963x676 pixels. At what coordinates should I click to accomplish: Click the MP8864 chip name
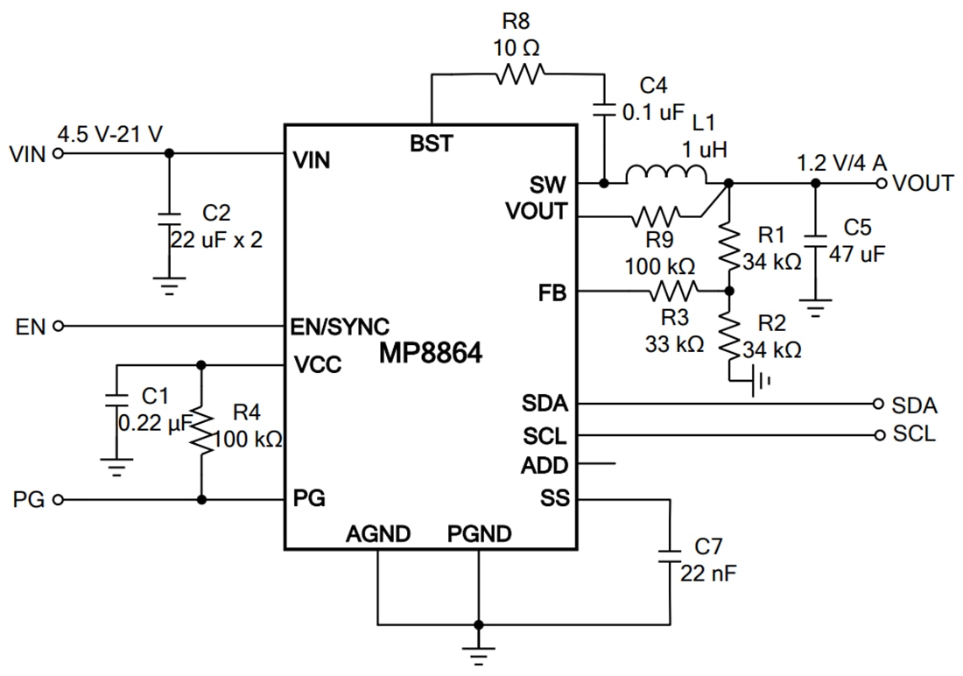click(x=431, y=354)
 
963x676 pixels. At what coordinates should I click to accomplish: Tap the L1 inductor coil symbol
click(x=666, y=176)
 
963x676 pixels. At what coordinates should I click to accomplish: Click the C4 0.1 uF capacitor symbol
click(x=604, y=110)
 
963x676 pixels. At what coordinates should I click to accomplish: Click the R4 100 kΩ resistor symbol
click(x=202, y=429)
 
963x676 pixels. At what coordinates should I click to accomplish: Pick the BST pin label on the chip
click(x=431, y=144)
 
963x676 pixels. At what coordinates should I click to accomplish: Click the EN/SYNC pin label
click(x=339, y=327)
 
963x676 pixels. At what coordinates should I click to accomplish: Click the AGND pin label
click(x=377, y=532)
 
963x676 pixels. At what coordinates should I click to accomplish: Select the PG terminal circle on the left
click(x=59, y=500)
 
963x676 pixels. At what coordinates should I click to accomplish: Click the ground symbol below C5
click(x=815, y=308)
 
